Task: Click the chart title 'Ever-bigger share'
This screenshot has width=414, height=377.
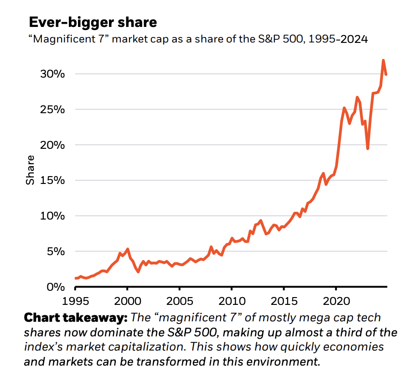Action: (x=93, y=22)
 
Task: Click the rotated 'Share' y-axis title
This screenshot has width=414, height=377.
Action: (x=30, y=170)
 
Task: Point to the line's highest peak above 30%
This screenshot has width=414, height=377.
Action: (x=383, y=60)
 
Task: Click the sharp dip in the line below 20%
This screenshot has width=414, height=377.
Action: (x=367, y=148)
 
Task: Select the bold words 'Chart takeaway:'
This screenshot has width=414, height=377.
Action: (x=75, y=318)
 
